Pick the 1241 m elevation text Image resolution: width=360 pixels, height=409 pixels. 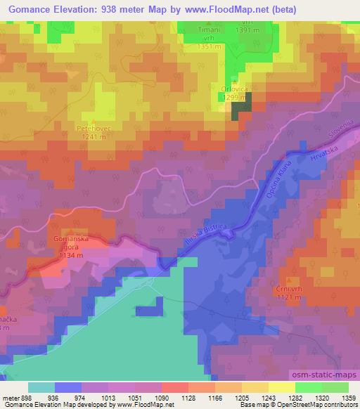(93, 137)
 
